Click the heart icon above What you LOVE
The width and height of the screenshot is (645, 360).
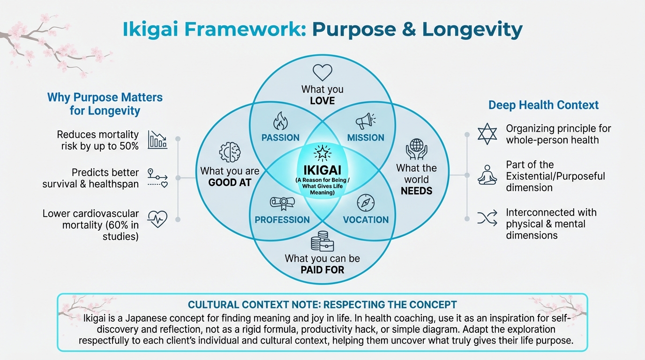322,73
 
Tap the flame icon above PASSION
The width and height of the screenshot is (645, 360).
280,121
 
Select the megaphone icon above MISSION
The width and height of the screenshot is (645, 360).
365,121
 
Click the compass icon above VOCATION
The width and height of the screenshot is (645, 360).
365,203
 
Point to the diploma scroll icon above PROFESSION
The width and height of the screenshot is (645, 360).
282,203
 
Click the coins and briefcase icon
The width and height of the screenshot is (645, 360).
322,241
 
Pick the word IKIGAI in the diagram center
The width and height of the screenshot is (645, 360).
322,169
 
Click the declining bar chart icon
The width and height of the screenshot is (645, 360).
157,140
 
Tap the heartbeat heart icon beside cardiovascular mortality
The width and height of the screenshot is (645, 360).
157,219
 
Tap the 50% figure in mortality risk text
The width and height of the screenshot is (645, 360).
128,146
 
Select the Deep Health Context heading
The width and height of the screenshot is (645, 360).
543,105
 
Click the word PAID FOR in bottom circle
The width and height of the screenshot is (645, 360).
322,270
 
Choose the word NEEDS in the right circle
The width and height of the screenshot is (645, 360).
416,191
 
